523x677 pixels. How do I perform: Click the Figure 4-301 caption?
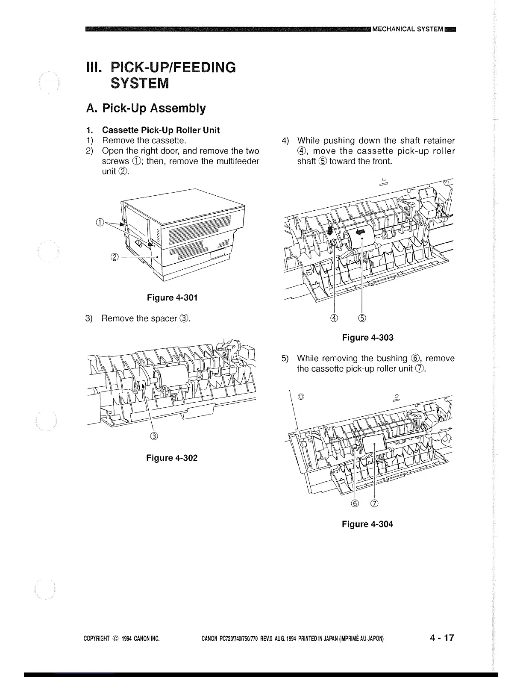point(172,297)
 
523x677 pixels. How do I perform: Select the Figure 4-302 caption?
point(172,458)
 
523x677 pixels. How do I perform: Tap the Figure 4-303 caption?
point(367,338)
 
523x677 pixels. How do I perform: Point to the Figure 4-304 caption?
point(367,524)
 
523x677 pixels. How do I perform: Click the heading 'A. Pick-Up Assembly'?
point(146,109)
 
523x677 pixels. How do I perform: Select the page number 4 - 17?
point(442,638)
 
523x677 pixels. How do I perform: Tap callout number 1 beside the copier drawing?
point(100,221)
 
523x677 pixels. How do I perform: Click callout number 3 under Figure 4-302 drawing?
point(154,436)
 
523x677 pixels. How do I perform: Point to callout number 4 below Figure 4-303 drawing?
point(334,318)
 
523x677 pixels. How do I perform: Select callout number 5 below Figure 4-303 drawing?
point(362,318)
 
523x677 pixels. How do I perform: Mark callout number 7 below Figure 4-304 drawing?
point(375,503)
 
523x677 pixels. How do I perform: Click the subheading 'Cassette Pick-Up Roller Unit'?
point(161,130)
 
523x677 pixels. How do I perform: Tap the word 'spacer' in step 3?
point(165,318)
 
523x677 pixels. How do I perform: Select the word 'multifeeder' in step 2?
point(237,161)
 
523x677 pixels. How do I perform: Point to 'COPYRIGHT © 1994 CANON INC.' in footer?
point(121,639)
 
